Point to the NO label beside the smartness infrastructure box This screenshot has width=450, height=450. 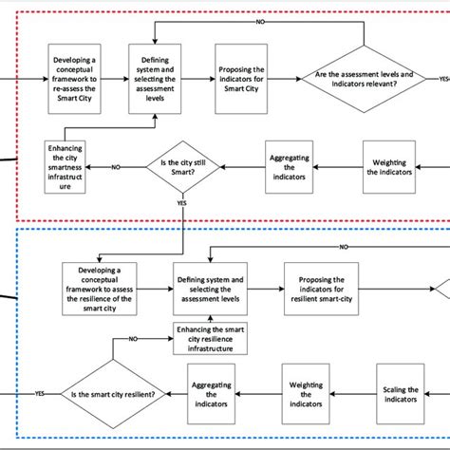coord(116,167)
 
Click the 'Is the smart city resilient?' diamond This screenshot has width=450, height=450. coord(110,394)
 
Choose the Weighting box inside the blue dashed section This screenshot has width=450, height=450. coord(302,394)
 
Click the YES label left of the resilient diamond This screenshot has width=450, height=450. coord(40,393)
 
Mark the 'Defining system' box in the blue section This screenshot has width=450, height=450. coord(211,287)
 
